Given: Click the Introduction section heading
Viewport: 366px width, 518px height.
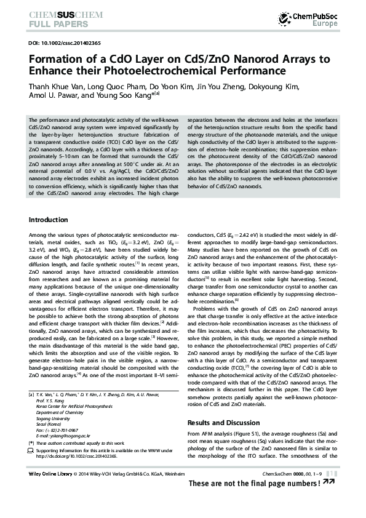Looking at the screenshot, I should pos(49,220).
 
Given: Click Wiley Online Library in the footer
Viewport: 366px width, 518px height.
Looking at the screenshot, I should pos(50,474).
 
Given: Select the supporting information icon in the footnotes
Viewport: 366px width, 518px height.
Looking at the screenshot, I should pos(31,450).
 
